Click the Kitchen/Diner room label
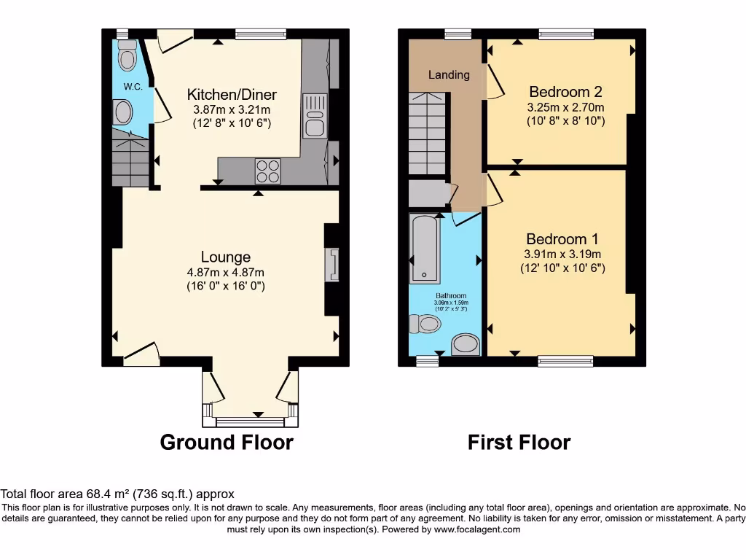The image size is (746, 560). [x=232, y=95]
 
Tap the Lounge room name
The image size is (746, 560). [x=226, y=257]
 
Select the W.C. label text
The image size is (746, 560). [x=133, y=87]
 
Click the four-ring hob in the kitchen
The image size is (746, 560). [x=267, y=171]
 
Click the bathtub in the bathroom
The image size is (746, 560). [x=424, y=249]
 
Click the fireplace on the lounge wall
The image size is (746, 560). [x=334, y=264]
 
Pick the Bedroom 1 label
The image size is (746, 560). [x=562, y=239]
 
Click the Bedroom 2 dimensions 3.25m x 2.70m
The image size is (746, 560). [x=565, y=107]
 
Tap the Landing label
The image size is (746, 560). [x=449, y=74]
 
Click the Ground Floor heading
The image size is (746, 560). [x=226, y=443]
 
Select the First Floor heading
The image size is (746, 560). [x=519, y=443]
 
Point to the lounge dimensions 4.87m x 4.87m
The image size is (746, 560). [x=225, y=273]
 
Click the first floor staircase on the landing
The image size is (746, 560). [x=425, y=134]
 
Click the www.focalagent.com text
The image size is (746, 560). [x=476, y=529]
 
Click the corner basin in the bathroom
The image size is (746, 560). [x=466, y=344]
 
